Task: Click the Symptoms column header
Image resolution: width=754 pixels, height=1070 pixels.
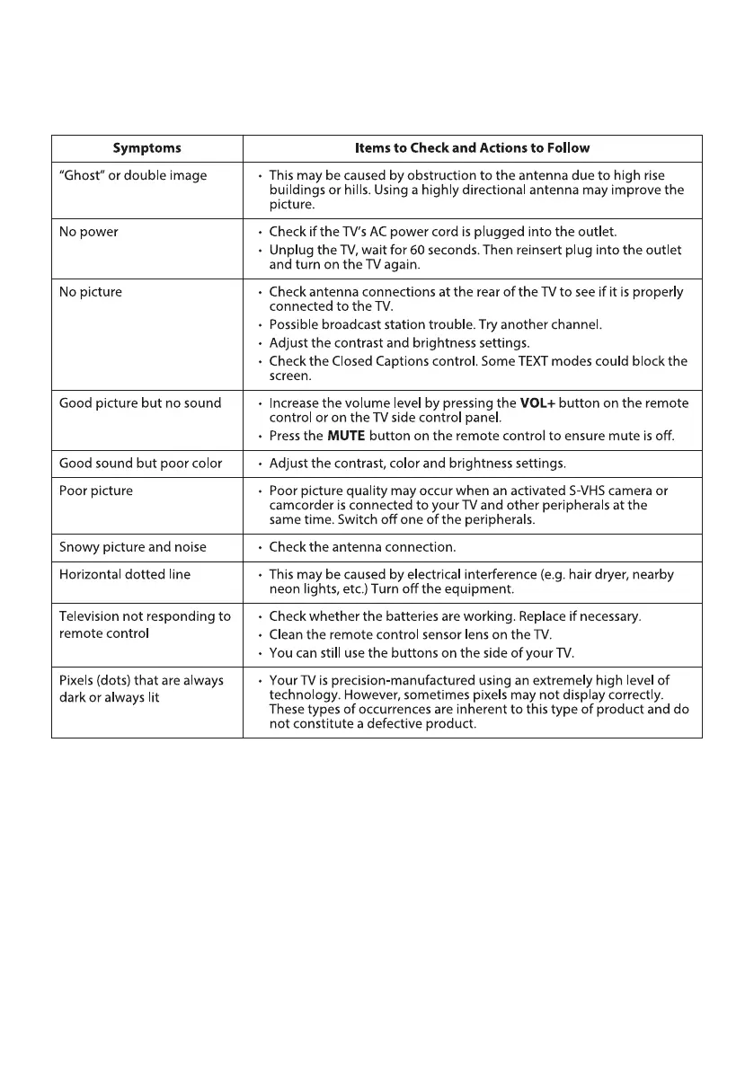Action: [x=146, y=148]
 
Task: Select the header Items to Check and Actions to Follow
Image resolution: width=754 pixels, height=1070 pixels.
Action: [x=472, y=148]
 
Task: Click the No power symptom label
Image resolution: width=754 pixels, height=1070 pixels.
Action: [x=88, y=232]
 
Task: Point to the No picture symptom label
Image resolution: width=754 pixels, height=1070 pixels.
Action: [x=90, y=292]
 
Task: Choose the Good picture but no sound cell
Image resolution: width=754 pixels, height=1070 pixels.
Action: [x=139, y=403]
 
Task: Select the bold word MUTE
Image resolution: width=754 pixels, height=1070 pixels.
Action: [x=346, y=436]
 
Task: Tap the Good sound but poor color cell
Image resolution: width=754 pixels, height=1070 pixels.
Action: [x=139, y=464]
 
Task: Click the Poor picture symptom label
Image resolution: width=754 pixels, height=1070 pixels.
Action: [x=96, y=491]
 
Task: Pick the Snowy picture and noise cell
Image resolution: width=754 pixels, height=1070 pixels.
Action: [x=132, y=547]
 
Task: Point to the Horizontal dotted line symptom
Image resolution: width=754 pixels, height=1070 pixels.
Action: [x=124, y=575]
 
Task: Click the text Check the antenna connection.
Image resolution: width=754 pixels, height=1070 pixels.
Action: [x=362, y=547]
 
